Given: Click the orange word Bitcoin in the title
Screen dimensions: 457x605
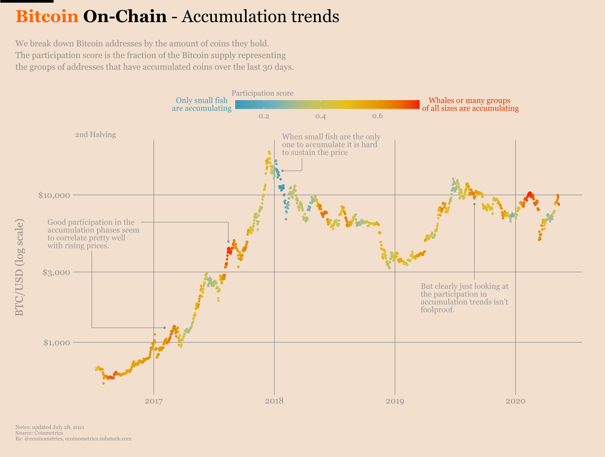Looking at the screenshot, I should pos(47,16).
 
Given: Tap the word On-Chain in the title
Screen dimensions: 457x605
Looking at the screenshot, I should pos(125,16).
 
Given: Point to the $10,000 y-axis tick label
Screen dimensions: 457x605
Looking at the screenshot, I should pos(54,195).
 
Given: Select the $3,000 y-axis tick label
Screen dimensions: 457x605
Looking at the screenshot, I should pos(56,272).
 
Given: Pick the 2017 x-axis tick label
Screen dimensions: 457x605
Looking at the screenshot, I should pos(154,401).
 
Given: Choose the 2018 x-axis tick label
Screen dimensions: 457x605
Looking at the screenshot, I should pos(274,401).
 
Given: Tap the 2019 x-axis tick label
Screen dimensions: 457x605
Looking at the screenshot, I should pos(395,401).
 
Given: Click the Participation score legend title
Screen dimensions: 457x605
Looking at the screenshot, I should pos(262,93).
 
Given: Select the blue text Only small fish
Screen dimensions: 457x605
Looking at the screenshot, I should pos(202,101).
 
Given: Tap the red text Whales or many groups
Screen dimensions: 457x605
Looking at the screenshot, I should pos(469,101).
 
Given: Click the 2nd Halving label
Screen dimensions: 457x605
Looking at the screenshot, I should pos(96,134).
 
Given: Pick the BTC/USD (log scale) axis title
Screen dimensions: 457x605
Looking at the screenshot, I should pos(20,267).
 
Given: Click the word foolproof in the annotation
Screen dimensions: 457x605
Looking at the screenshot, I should pos(437,310).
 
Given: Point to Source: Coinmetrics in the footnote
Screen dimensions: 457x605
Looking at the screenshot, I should pos(39,433).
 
